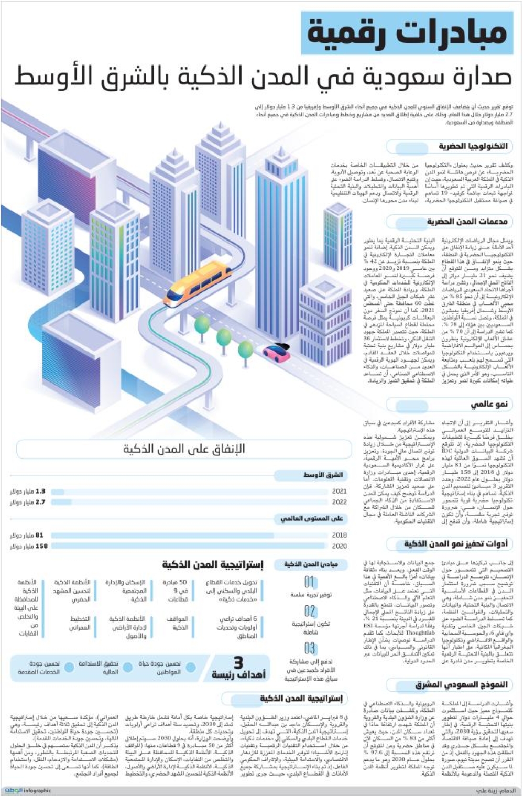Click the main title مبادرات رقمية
click(x=407, y=32)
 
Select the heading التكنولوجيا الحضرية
click(x=473, y=146)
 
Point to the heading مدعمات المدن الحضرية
click(x=466, y=222)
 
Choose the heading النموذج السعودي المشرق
click(x=461, y=684)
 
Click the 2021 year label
click(x=339, y=492)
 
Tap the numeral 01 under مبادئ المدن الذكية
click(x=310, y=582)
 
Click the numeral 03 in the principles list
click(x=310, y=649)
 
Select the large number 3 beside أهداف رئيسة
click(x=238, y=663)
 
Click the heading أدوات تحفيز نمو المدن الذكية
click(x=455, y=544)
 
